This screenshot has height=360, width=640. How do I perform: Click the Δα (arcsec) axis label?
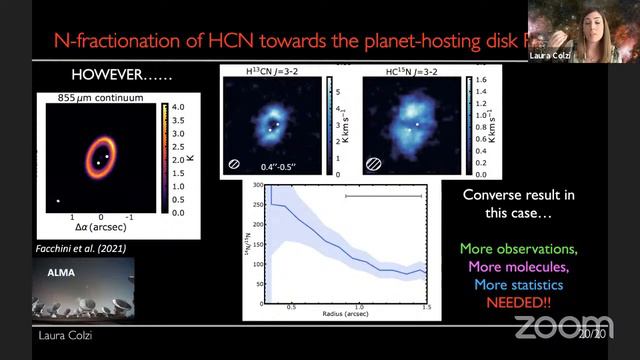tap(92, 228)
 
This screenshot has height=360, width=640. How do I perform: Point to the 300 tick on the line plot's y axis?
tap(257, 186)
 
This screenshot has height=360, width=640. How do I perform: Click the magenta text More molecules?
tap(519, 266)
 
